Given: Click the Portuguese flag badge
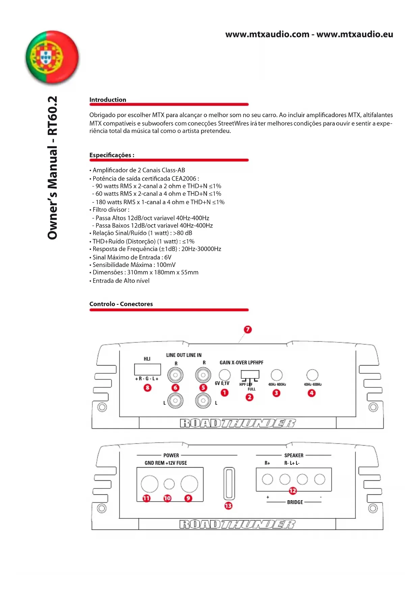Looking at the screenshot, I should [52, 57].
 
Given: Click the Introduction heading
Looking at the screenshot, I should [108, 100].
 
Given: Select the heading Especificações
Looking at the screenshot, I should [111, 155].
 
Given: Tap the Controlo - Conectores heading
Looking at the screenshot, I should [121, 304].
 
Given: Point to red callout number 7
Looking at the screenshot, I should [247, 329].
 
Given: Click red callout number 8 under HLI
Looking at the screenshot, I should [148, 387].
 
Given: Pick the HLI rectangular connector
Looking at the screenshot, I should [147, 369].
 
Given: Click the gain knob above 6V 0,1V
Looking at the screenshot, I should [225, 375].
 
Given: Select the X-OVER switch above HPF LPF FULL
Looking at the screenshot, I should [250, 375].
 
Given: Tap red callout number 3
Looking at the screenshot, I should [276, 393].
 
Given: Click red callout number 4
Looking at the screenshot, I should [312, 393].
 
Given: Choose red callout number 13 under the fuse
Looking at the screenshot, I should [229, 506].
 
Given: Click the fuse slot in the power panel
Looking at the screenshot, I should [229, 483].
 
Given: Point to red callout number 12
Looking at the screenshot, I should [293, 491].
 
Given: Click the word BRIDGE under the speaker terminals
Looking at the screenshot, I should [295, 502].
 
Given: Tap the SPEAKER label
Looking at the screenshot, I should [294, 455].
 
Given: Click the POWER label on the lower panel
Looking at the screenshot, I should [171, 455].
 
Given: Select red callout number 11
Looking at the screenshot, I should [146, 498].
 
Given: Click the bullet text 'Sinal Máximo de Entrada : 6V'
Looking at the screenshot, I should [132, 257].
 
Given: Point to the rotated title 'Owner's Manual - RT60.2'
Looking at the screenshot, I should [53, 168].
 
